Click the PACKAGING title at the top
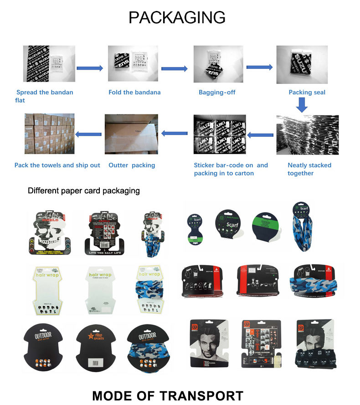tap(177, 17)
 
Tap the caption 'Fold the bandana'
tap(134, 92)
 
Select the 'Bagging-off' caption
tap(217, 92)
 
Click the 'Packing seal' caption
tap(307, 92)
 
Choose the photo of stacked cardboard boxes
tap(49, 134)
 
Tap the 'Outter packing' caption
tap(132, 165)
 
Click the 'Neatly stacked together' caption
tap(309, 169)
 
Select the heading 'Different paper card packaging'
tap(84, 191)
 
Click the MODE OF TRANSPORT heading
tap(168, 395)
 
